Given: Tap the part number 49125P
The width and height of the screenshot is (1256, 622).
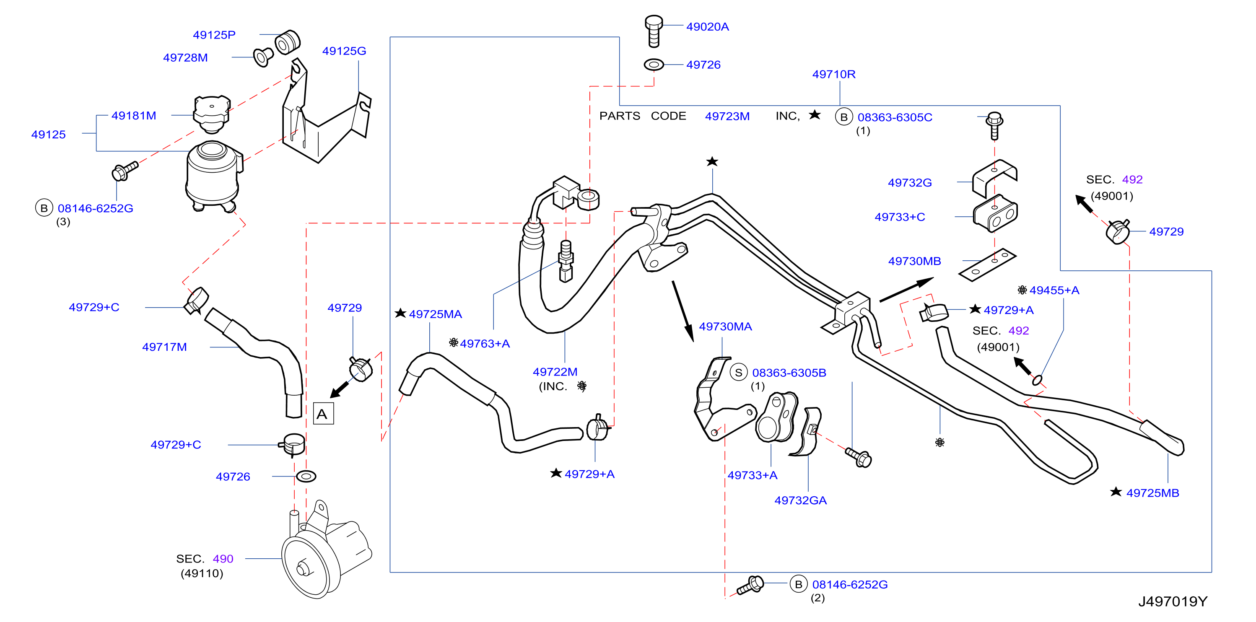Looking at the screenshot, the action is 214,35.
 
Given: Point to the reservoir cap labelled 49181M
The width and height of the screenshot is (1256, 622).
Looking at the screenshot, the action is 212,114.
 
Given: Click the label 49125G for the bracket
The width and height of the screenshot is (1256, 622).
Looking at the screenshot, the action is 344,51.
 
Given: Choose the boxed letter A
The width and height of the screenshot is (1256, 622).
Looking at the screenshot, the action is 323,413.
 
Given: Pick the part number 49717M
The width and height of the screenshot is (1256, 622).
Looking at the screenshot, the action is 164,347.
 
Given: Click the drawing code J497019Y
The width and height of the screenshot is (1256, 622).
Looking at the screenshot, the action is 1173,601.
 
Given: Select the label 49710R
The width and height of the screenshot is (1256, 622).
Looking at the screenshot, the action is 834,75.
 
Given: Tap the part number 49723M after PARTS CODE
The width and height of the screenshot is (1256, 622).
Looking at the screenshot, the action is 727,117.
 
